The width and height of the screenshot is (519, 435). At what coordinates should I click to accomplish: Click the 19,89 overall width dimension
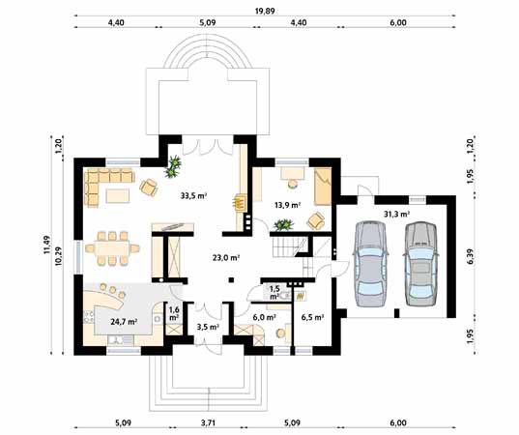tap(265, 12)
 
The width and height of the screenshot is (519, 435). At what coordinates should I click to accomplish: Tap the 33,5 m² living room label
tap(193, 195)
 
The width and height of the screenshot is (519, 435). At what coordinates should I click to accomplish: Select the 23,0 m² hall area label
tap(226, 257)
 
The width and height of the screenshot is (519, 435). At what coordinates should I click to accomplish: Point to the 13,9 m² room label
tap(287, 205)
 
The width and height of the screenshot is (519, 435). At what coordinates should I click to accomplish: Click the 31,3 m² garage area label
tap(397, 215)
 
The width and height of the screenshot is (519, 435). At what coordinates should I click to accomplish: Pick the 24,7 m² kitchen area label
tap(124, 321)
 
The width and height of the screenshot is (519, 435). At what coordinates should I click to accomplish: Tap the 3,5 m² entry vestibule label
tap(208, 328)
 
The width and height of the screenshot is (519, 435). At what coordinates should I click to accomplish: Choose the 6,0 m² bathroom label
tap(265, 317)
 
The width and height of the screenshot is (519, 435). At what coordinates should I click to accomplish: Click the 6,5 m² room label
tap(312, 317)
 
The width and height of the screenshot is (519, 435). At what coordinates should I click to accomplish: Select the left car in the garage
tap(370, 264)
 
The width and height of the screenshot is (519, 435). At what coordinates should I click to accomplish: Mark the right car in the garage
tap(420, 264)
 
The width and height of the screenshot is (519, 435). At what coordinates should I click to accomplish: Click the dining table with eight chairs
tap(112, 248)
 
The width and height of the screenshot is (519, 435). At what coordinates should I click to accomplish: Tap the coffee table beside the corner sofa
tap(118, 195)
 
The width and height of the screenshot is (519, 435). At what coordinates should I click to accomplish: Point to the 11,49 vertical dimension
tap(46, 245)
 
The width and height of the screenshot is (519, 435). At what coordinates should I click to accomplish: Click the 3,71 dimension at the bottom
tap(208, 422)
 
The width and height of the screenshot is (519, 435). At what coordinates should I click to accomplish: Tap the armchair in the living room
tap(149, 188)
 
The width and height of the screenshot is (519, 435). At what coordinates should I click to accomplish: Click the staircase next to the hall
tap(289, 246)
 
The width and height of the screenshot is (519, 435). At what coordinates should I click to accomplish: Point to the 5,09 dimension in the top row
tap(208, 23)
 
